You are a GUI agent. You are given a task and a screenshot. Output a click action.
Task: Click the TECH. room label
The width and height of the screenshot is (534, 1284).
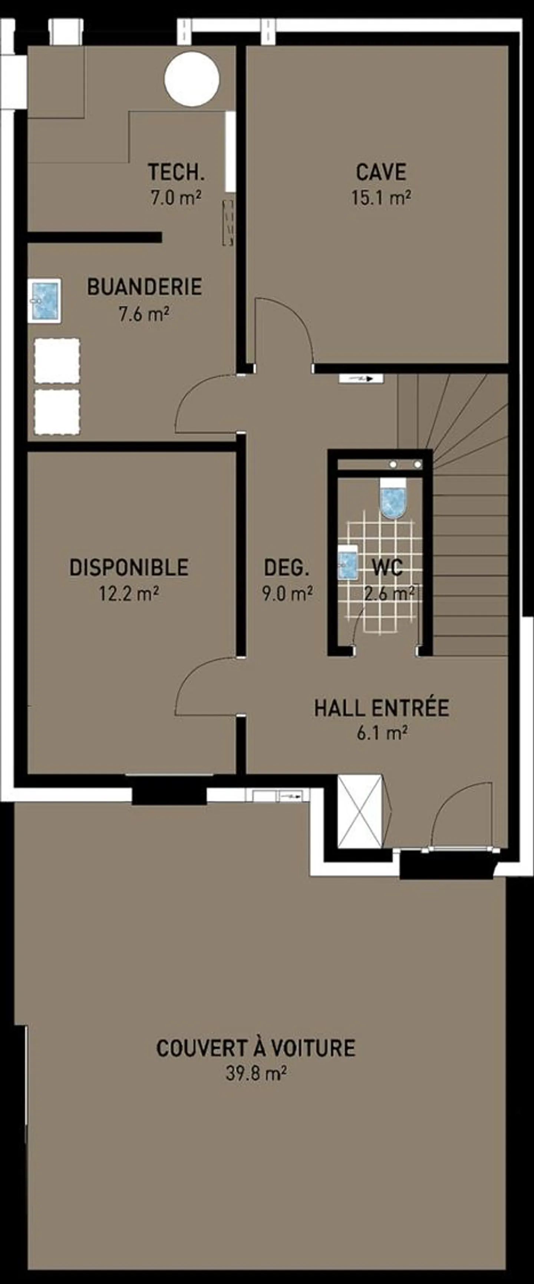pos(176,172)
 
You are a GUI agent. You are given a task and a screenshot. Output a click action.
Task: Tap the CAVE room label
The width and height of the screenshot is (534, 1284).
pos(381,172)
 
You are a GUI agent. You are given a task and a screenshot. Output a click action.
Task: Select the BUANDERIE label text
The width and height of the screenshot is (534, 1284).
pos(145,287)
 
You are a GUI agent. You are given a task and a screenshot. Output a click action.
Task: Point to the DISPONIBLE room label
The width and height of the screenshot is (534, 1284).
pos(129,568)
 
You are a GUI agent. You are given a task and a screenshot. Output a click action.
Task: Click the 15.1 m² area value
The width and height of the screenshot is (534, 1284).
pos(381,198)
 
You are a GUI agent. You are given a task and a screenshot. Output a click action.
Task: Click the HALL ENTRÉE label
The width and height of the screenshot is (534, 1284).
pos(382,708)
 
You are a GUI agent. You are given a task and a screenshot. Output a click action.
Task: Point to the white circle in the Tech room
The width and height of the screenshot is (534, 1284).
pos(192,78)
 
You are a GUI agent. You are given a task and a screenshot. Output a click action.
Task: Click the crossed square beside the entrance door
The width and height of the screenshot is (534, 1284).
pos(360,811)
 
